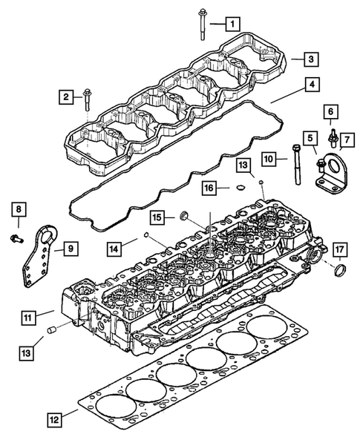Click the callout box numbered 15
pyautogui.click(x=159, y=217)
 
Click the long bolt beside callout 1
pyautogui.click(x=202, y=22)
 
